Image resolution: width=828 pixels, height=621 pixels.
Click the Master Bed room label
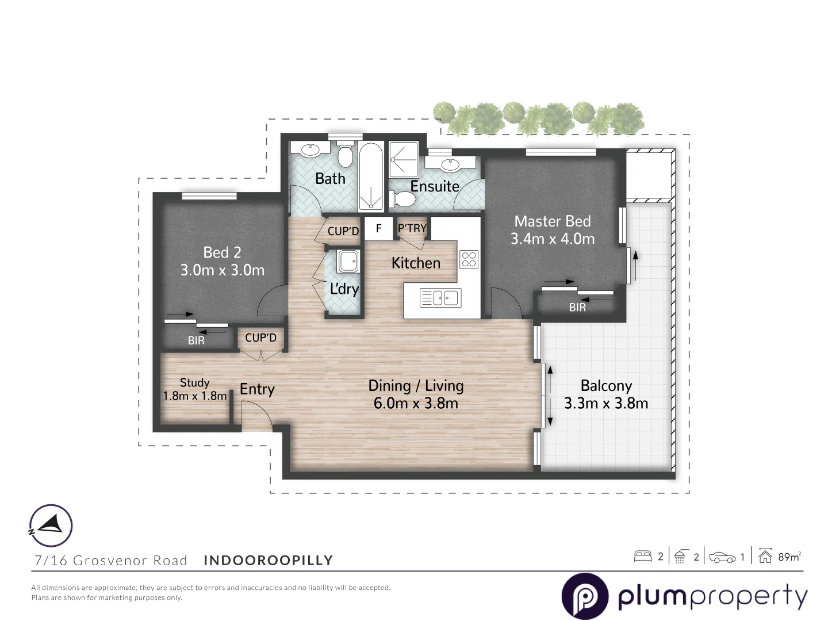click(552, 221)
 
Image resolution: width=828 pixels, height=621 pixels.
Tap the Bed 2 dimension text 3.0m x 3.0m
click(222, 270)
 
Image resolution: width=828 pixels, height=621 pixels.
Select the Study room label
click(194, 382)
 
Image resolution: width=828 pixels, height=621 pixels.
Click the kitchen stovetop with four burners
click(469, 259)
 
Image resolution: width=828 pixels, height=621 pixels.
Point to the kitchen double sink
click(446, 298)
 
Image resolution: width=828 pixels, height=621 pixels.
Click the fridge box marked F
click(379, 228)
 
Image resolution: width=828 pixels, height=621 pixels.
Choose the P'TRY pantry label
click(412, 228)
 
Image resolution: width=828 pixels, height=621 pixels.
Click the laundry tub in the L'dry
click(348, 262)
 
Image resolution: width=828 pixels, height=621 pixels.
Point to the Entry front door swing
click(256, 416)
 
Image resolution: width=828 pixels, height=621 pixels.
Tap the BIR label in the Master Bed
click(577, 308)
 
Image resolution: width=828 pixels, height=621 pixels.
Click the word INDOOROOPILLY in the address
click(269, 560)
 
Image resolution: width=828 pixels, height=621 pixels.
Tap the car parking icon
click(722, 557)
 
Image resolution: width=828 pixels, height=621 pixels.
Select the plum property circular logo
click(585, 596)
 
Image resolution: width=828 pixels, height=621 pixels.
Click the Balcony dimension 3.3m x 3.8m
click(606, 404)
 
